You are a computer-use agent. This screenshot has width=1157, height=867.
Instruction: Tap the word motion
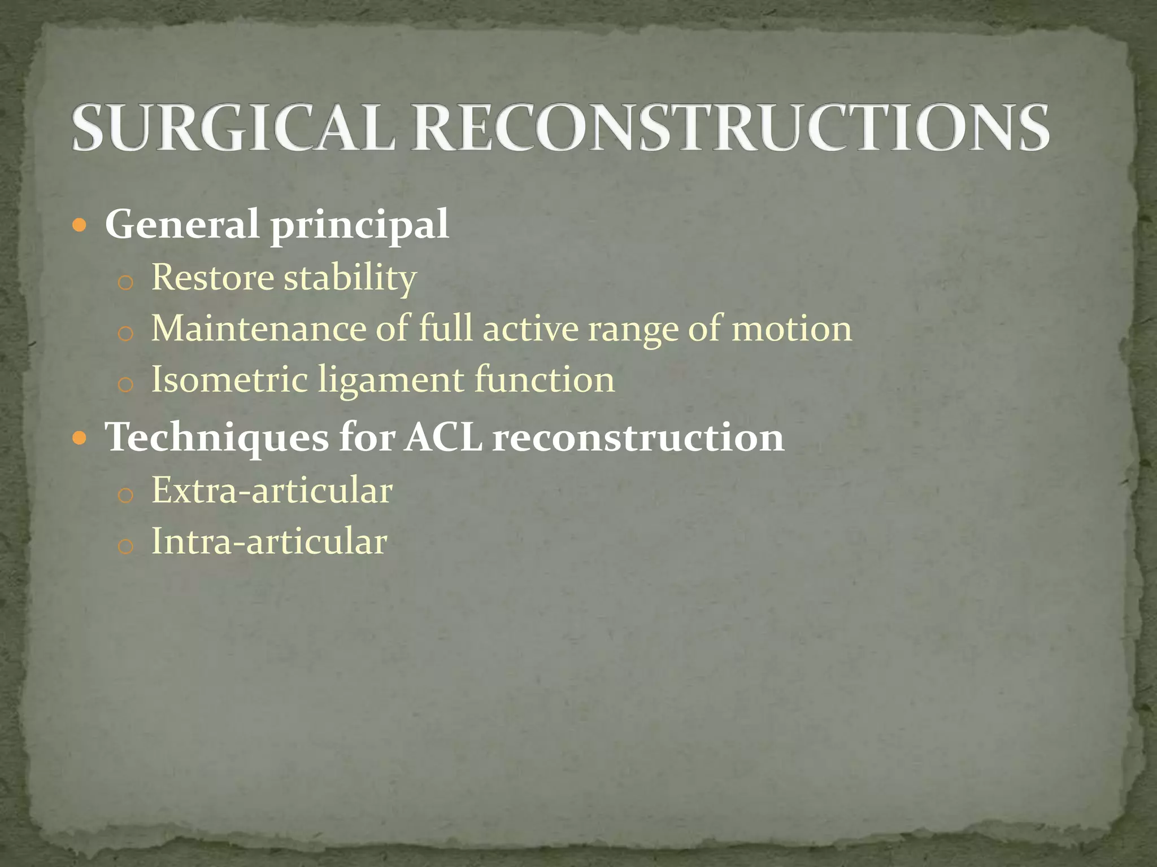click(x=791, y=330)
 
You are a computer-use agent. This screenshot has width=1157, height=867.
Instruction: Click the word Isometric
click(x=229, y=379)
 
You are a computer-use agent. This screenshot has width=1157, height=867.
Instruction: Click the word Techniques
click(x=217, y=438)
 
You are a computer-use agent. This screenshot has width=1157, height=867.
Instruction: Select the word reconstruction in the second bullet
click(x=638, y=439)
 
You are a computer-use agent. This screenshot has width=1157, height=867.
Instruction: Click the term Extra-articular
click(x=272, y=490)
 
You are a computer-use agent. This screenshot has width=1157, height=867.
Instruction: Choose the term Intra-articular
click(x=269, y=541)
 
